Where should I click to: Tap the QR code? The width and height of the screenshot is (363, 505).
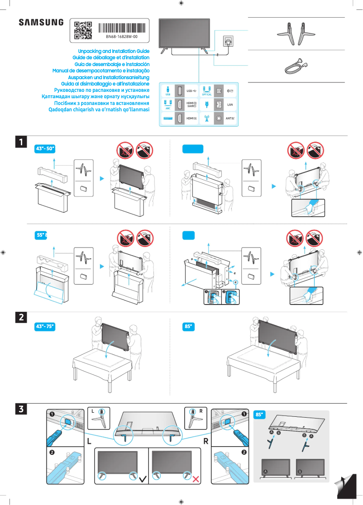[83, 30]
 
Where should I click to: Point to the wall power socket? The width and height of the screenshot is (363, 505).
[227, 41]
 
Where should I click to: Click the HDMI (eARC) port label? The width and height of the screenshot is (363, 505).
[191, 105]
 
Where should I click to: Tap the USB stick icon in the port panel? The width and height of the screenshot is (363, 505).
[168, 90]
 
